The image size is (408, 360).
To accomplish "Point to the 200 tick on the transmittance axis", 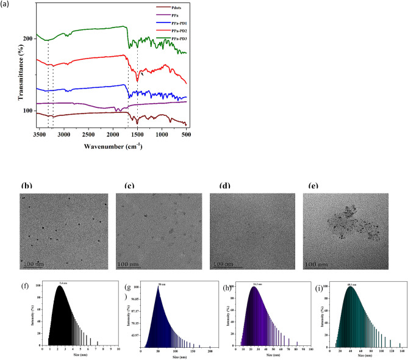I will click(27, 38).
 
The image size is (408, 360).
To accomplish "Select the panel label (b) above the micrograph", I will click(26, 186).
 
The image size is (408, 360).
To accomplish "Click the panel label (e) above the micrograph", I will click(314, 186).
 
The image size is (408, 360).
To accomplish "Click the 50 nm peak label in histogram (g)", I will click(160, 284).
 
